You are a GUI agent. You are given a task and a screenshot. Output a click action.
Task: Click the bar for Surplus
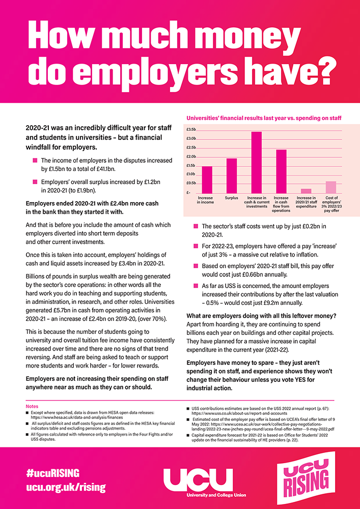tap(232, 175)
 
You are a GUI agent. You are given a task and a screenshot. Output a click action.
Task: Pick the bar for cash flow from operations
tap(281, 171)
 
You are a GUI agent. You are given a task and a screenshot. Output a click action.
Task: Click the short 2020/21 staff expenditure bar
tap(306, 190)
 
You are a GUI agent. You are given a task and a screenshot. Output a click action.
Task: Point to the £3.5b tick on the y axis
tap(191, 130)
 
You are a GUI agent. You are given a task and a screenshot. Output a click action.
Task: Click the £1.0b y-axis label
tap(191, 174)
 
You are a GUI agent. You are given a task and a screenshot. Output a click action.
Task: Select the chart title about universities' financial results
tap(263, 118)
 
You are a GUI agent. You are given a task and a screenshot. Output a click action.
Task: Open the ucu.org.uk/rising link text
tap(66, 487)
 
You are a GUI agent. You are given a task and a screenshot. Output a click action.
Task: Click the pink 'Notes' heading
tap(32, 406)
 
